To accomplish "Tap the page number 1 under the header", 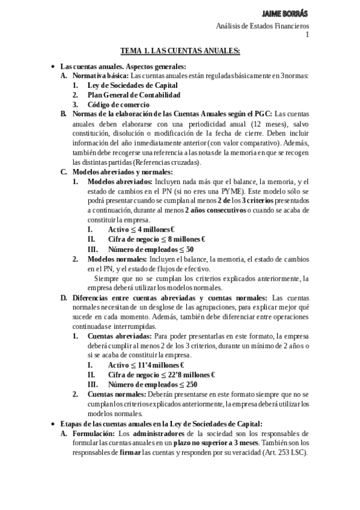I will coord(307,35).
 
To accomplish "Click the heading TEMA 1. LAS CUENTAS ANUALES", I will coord(180,52).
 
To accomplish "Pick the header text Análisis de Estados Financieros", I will coord(263,26).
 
